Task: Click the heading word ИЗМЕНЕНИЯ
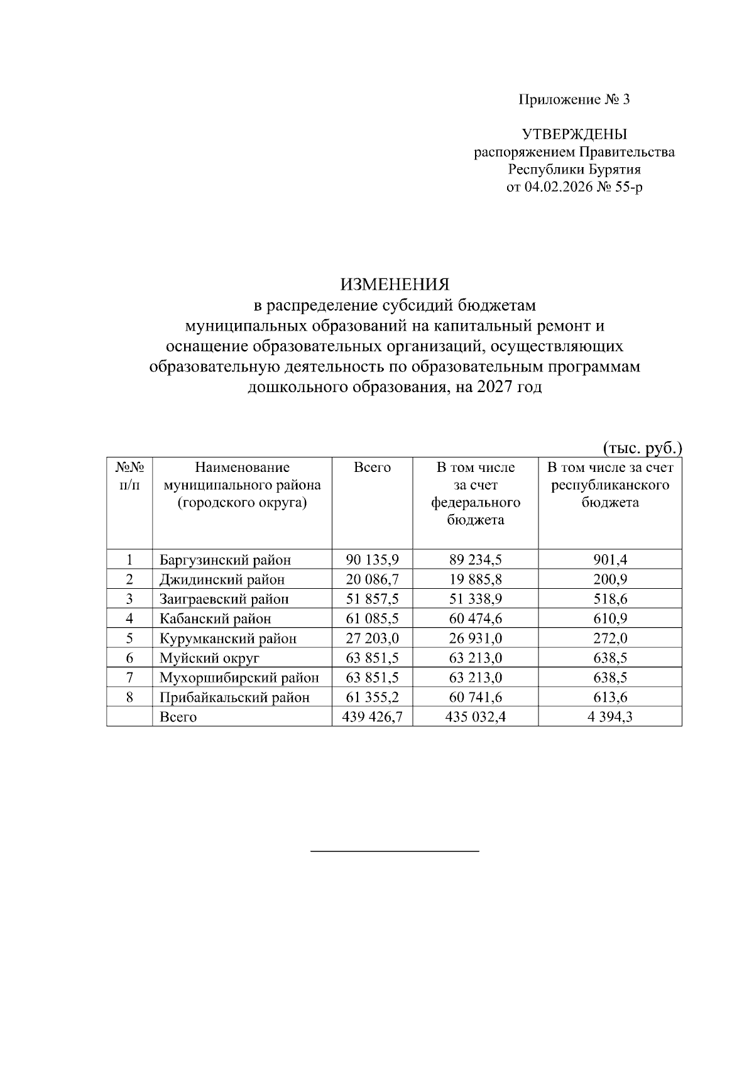click(395, 284)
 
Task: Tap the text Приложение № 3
click(574, 100)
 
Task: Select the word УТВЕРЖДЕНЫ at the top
click(574, 134)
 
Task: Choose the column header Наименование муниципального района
click(242, 485)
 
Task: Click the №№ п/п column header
click(129, 476)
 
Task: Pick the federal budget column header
click(476, 494)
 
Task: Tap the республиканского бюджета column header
click(610, 485)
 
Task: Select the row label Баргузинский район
click(225, 560)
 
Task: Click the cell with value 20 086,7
click(372, 579)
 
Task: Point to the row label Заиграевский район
click(224, 599)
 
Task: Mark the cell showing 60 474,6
click(476, 619)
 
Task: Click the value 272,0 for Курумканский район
click(610, 638)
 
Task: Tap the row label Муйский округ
click(209, 659)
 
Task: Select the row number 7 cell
click(129, 678)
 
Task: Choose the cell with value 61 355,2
click(372, 698)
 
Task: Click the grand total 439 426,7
click(372, 717)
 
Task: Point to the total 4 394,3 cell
click(610, 717)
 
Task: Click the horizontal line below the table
click(395, 851)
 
